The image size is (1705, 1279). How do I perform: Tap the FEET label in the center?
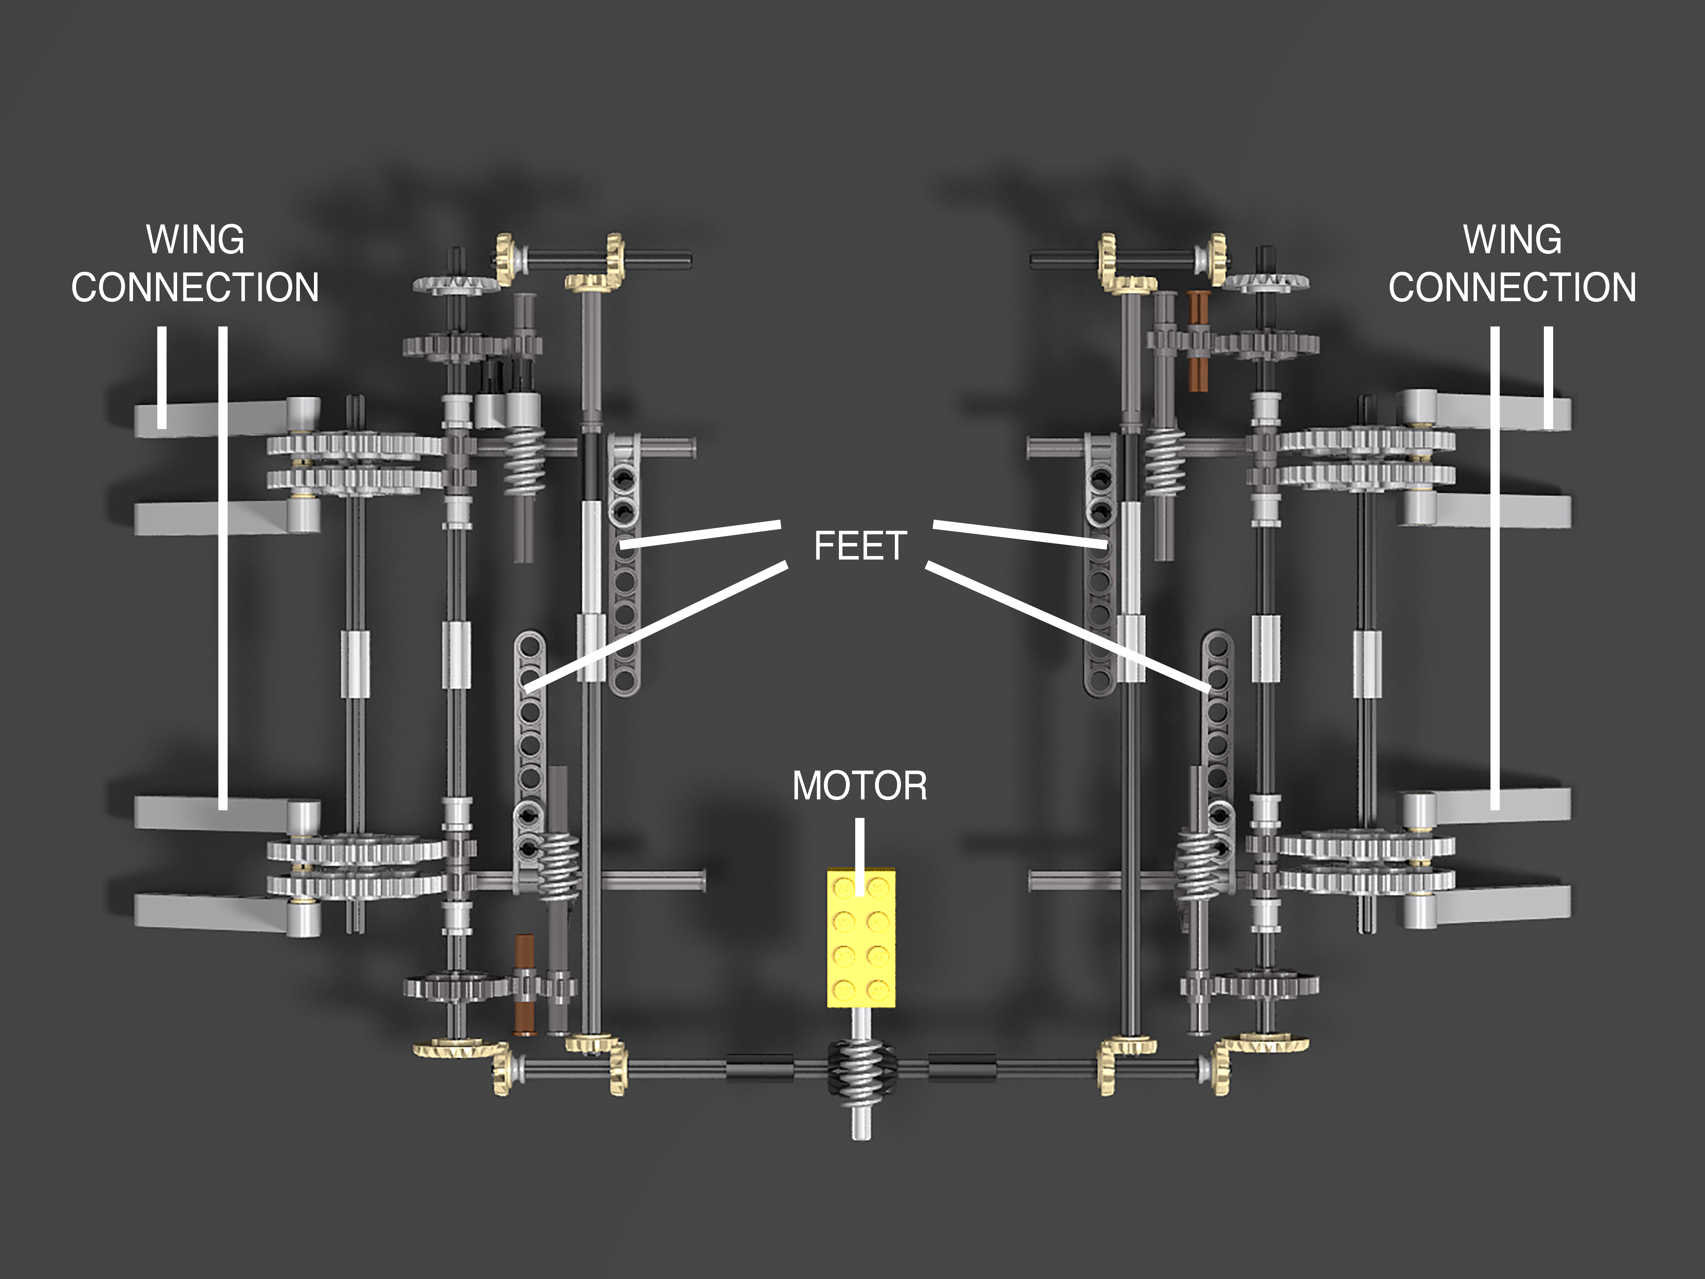pos(860,546)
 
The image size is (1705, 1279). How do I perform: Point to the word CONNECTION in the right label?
pos(1512,287)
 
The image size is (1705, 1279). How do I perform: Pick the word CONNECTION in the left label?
pos(195,287)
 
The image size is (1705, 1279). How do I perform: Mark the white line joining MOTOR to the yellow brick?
pos(859,857)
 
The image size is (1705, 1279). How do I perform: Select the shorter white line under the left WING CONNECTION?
pos(162,377)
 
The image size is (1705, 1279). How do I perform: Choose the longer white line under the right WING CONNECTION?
pos(1495,568)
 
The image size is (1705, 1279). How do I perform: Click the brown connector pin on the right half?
pos(1198,340)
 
